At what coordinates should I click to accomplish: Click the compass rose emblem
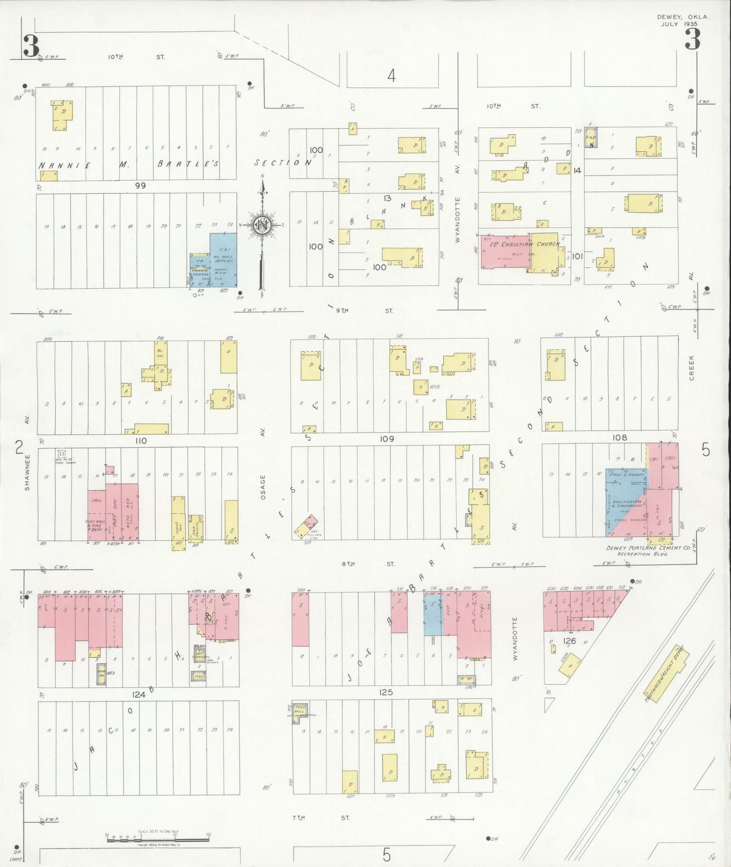(x=262, y=226)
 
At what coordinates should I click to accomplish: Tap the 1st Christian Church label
(x=525, y=244)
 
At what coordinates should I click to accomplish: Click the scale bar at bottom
(x=157, y=840)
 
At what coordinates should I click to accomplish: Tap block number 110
(x=141, y=441)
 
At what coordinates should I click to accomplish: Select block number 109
(x=386, y=439)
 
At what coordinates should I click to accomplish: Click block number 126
(x=569, y=641)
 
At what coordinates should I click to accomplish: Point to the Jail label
(x=96, y=500)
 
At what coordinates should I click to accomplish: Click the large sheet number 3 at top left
(x=30, y=46)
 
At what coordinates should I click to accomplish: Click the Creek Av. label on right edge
(x=692, y=368)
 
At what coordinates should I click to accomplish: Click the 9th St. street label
(x=364, y=311)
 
